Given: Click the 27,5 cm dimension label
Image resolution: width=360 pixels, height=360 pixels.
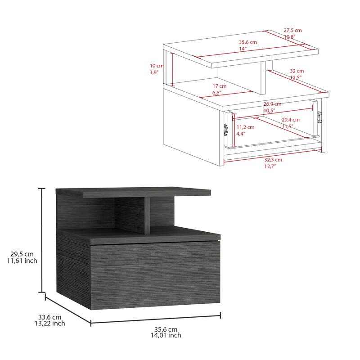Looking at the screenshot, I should coord(292,31).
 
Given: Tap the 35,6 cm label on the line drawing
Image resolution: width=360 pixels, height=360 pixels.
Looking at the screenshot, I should coord(247,42).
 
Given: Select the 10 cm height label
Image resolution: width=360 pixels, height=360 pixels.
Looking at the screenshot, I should coord(156,66).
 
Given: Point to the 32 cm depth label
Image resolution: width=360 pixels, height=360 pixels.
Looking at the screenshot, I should coord(297,71).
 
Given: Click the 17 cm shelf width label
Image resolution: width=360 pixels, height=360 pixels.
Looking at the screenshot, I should coord(220,86).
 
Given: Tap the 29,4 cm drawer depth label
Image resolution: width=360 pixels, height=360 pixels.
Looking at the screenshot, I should coord(291,120).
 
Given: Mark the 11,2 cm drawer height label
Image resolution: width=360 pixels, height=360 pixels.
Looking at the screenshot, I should coord(246,127).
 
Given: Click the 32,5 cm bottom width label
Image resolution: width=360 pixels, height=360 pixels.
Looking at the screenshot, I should coord(273,160).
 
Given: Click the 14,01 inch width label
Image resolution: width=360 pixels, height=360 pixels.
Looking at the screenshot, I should coord(166,335).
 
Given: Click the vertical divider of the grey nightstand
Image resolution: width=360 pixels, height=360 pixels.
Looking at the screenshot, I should coord(147,214).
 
